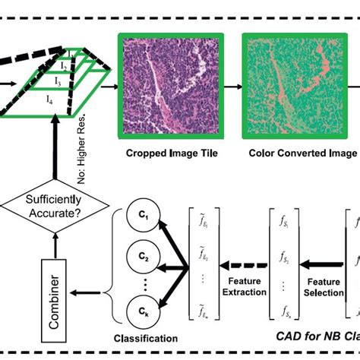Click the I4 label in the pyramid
pyautogui.click(x=49, y=100)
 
